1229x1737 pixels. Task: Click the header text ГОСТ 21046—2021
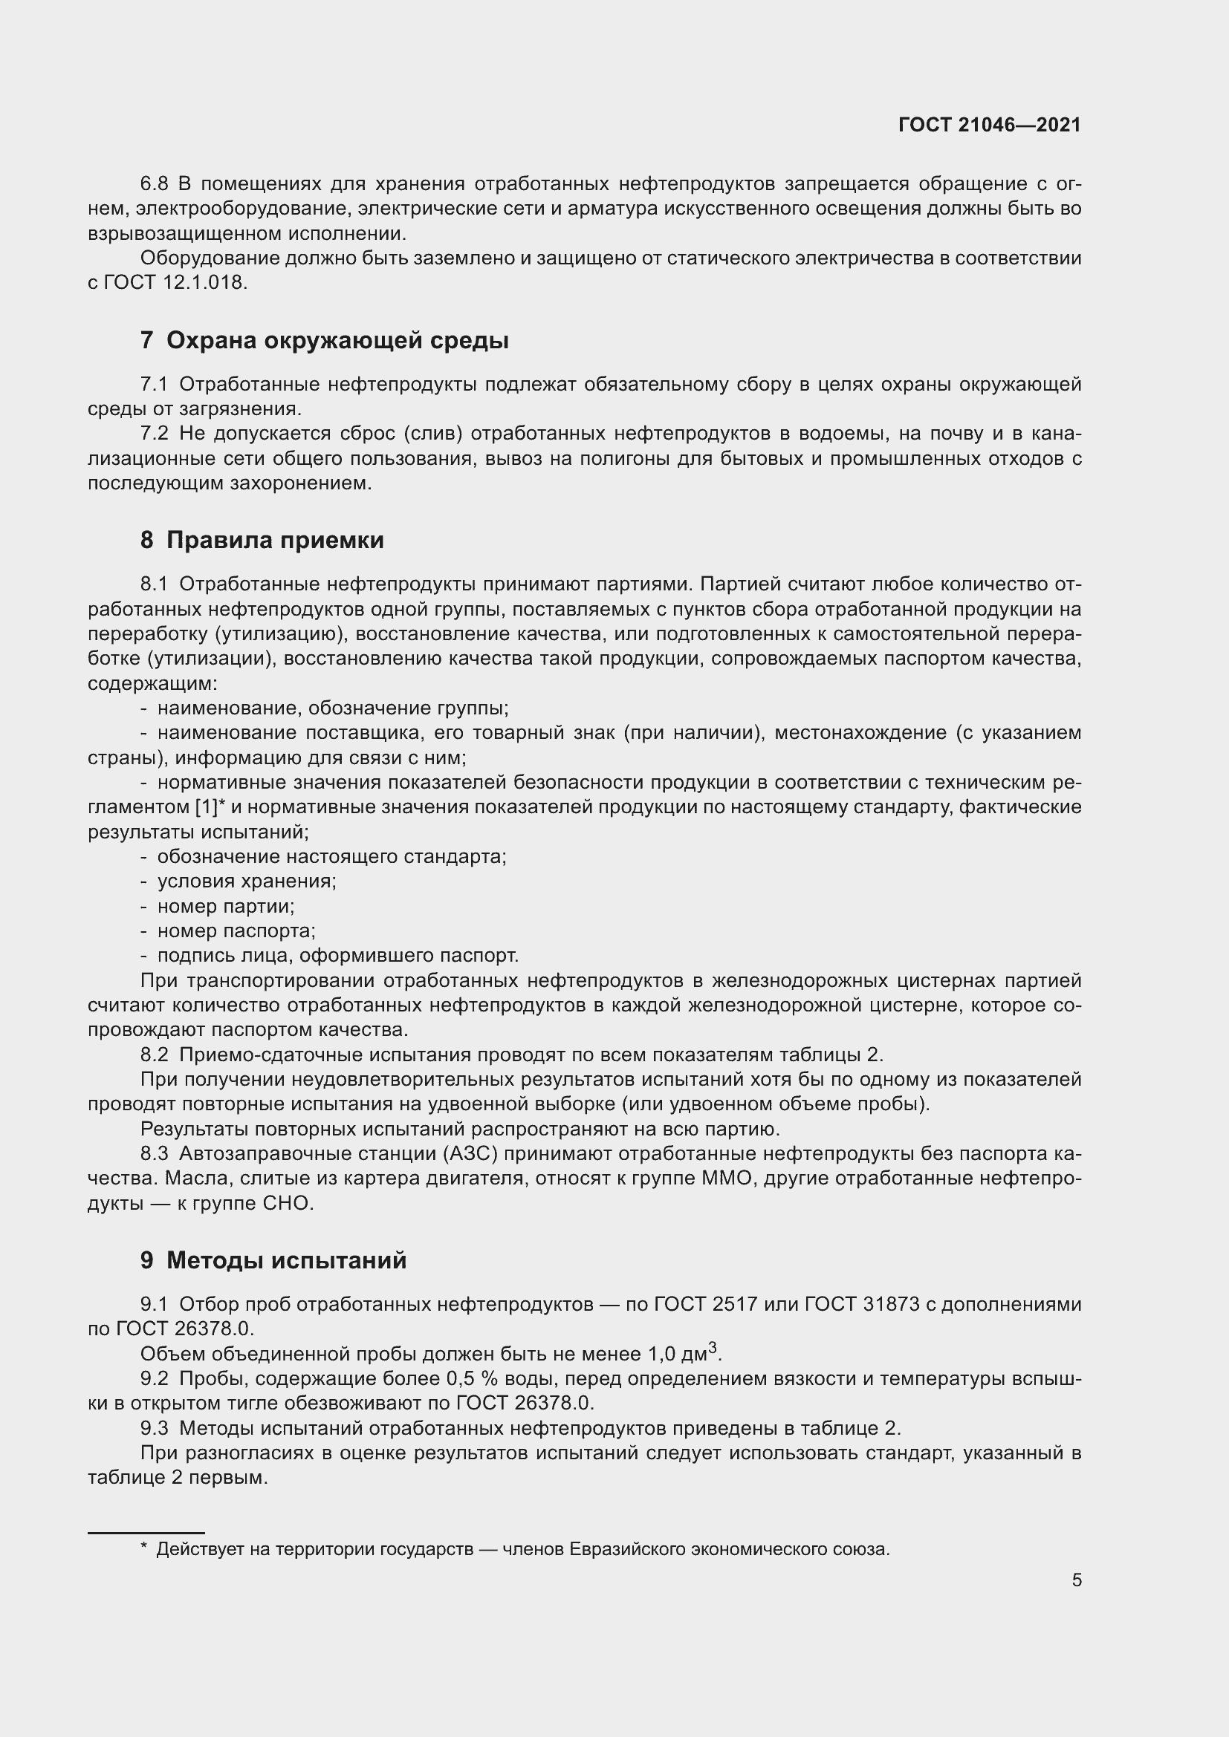[x=989, y=125]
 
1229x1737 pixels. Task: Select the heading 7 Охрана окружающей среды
[x=324, y=340]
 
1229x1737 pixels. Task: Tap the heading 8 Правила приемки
[x=262, y=540]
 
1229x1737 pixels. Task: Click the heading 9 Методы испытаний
[x=273, y=1260]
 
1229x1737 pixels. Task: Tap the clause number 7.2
[x=154, y=434]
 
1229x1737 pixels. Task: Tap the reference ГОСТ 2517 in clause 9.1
[x=704, y=1304]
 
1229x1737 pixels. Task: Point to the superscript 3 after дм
[x=712, y=1347]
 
